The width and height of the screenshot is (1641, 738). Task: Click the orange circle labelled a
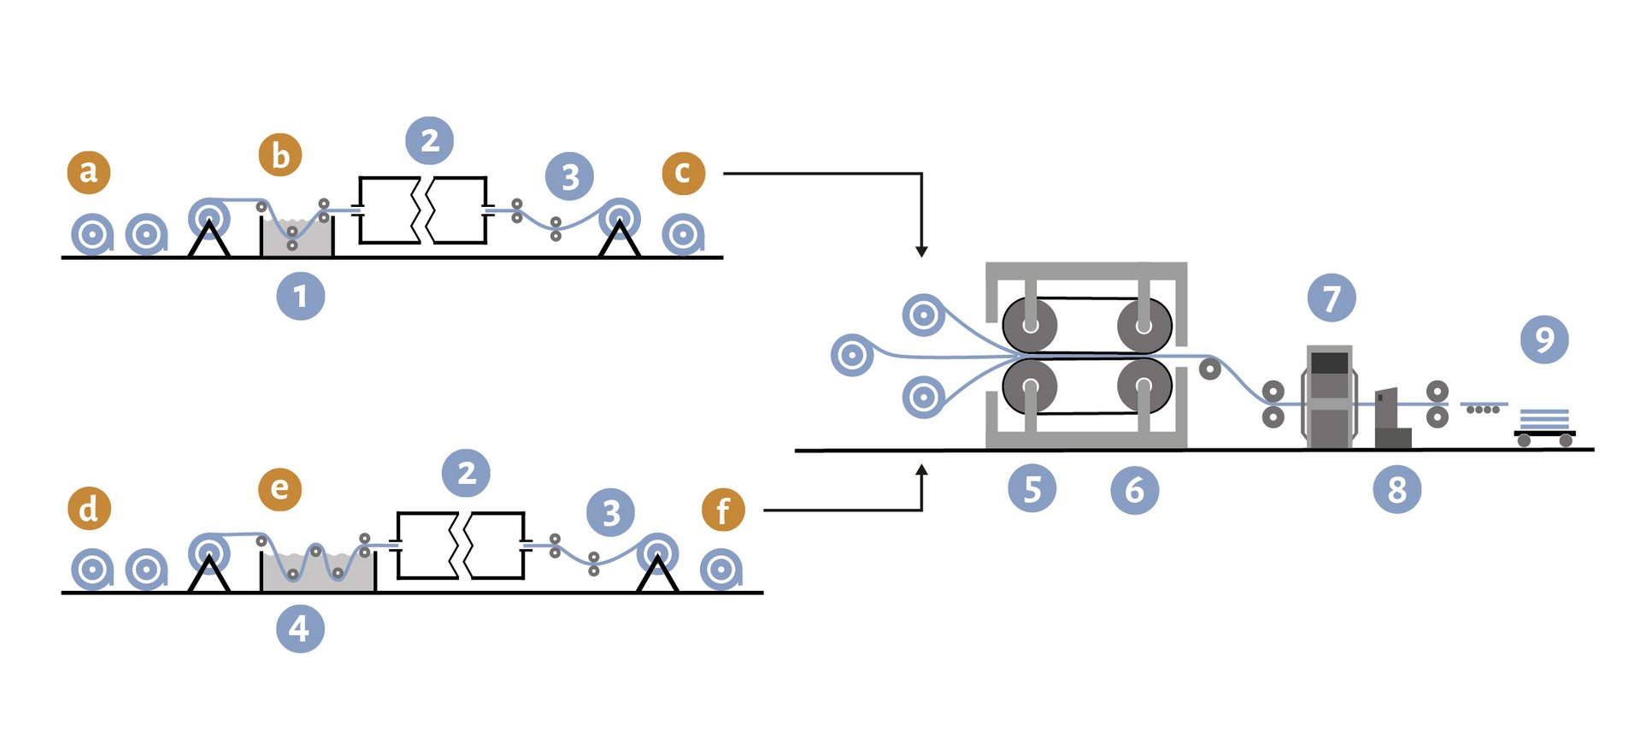(x=89, y=172)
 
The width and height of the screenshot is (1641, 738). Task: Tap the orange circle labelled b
(x=280, y=155)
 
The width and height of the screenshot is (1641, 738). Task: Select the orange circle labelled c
(x=684, y=173)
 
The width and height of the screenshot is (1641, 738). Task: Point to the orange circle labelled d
(x=89, y=508)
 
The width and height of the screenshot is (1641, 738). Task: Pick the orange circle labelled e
(x=280, y=489)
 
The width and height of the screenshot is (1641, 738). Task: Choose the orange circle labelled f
(x=723, y=510)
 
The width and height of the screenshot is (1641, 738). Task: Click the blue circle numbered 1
(x=301, y=296)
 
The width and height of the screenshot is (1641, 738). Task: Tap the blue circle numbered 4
(x=301, y=629)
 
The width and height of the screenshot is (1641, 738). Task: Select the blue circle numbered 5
(x=1032, y=489)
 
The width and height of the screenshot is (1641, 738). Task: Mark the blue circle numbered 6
(x=1135, y=490)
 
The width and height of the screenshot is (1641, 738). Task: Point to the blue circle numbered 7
(x=1332, y=298)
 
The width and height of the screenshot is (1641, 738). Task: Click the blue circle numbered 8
(x=1397, y=489)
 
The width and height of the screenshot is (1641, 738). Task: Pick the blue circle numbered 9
(x=1544, y=339)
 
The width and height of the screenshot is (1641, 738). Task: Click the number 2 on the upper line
(x=430, y=140)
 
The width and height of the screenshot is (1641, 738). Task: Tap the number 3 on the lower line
(x=611, y=513)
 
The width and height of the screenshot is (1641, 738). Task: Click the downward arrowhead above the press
(x=921, y=251)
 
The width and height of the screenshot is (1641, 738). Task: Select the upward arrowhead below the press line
(x=921, y=470)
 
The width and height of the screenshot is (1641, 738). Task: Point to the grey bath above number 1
(x=297, y=237)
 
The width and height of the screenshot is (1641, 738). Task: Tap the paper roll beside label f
(x=721, y=570)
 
